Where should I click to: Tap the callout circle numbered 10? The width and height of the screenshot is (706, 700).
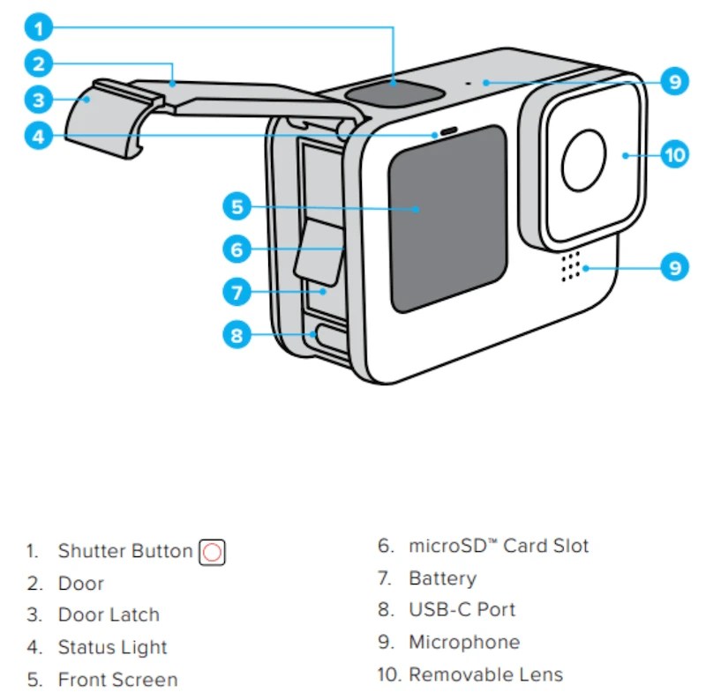pos(674,155)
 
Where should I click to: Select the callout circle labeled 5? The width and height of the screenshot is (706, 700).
pos(236,207)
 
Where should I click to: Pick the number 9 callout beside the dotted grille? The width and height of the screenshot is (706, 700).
pos(674,266)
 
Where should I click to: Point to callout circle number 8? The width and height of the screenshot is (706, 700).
pos(236,334)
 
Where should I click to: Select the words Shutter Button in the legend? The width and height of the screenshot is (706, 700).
pos(124,552)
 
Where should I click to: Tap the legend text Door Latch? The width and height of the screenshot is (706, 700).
pos(109,615)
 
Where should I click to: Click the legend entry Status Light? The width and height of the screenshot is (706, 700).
pos(112,647)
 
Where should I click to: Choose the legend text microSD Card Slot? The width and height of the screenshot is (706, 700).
pos(499,546)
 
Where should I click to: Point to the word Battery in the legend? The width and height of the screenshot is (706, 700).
pos(442,578)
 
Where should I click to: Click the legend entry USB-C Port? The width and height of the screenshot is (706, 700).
pos(462,610)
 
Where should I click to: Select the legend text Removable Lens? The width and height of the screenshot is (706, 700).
pos(485,675)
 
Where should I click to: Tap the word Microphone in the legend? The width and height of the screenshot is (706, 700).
pos(464,643)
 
